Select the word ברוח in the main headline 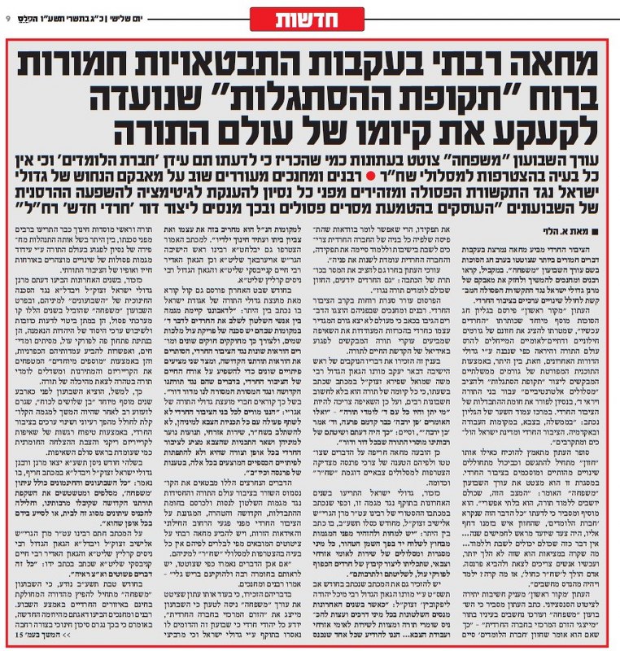(553, 97)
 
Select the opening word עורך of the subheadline (583, 156)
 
